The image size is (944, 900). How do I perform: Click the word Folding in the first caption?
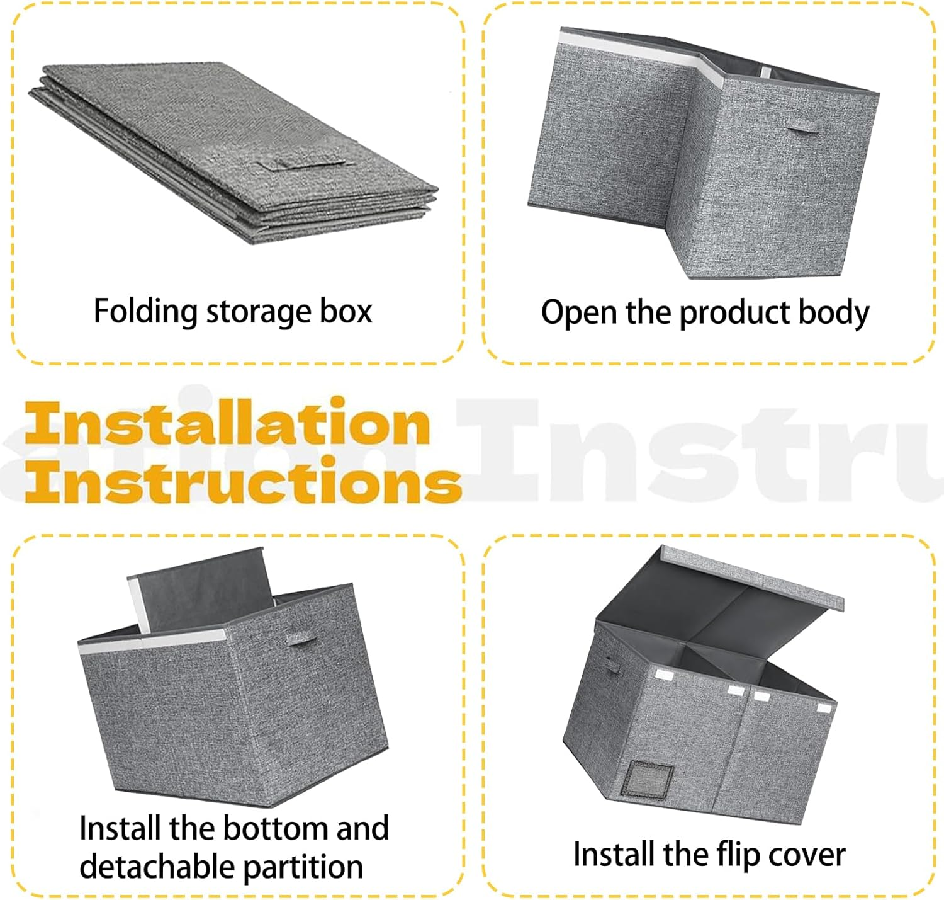point(145,312)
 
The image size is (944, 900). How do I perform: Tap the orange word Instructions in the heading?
point(243,479)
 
